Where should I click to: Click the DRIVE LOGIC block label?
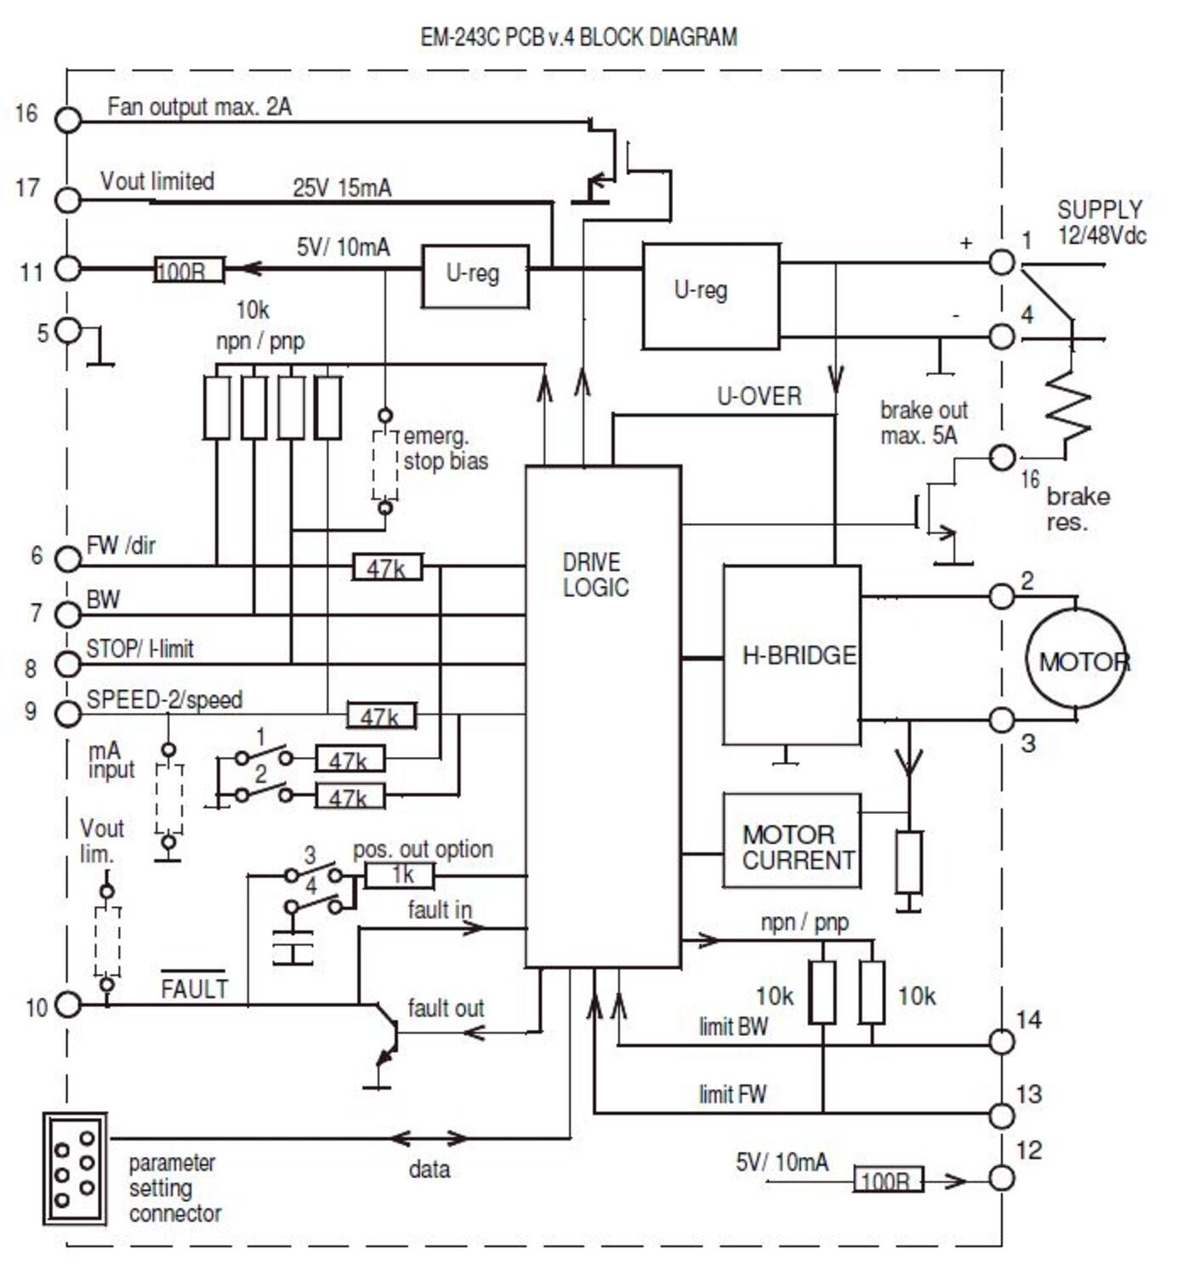(595, 575)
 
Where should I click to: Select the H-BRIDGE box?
(792, 655)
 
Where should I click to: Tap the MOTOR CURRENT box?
(792, 841)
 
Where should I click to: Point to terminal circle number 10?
(68, 1005)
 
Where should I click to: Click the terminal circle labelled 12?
(1002, 1179)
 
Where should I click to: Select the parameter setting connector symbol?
(75, 1169)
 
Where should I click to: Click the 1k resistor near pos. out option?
(400, 875)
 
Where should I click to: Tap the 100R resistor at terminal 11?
(188, 271)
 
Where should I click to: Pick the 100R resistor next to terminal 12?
(888, 1180)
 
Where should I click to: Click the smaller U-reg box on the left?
(475, 276)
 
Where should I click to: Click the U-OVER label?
(759, 396)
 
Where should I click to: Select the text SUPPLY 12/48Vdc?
(1101, 223)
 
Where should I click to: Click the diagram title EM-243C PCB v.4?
(578, 37)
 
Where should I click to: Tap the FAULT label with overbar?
(194, 988)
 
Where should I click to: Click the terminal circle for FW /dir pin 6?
(68, 559)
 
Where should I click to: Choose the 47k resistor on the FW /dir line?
(387, 567)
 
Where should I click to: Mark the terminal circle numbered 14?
(1002, 1041)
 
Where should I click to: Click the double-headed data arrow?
(429, 1138)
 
